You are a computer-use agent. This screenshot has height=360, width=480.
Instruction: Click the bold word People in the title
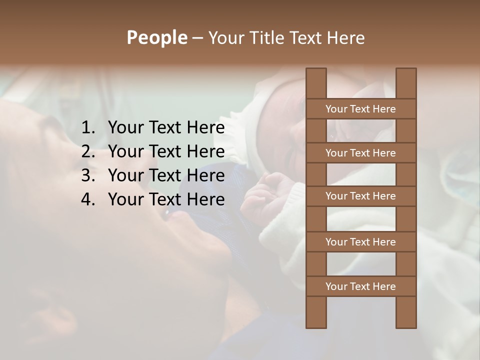click(156, 37)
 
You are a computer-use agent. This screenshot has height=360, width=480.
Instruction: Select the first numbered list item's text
click(166, 128)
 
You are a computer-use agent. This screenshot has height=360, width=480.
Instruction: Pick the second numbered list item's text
click(166, 151)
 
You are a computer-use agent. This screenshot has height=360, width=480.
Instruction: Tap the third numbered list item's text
click(166, 175)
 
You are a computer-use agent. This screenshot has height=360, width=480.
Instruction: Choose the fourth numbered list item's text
click(166, 199)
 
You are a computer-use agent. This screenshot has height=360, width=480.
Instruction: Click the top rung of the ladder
click(360, 109)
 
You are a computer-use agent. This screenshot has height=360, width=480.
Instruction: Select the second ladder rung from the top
click(360, 153)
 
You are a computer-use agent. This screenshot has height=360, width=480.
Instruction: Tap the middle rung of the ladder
click(360, 196)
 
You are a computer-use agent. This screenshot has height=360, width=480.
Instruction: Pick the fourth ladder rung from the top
click(360, 242)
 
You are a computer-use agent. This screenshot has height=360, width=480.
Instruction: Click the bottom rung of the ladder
click(360, 286)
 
